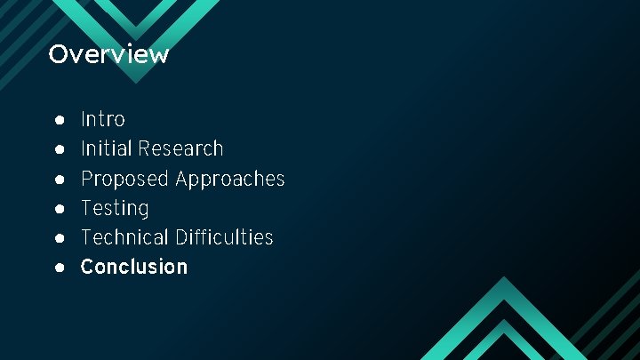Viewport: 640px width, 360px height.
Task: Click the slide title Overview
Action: (108, 54)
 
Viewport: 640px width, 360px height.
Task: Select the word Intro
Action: (103, 119)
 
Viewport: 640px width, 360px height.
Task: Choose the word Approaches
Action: (230, 179)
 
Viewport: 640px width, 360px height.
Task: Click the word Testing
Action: (115, 208)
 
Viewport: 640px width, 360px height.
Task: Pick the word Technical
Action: (125, 237)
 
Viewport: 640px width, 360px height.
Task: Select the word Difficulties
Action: (224, 237)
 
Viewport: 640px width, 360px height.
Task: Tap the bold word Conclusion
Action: (134, 267)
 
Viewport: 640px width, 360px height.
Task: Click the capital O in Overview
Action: (58, 54)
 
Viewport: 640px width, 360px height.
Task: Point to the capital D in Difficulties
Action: (181, 237)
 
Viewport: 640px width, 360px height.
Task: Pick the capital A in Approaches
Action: (183, 179)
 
